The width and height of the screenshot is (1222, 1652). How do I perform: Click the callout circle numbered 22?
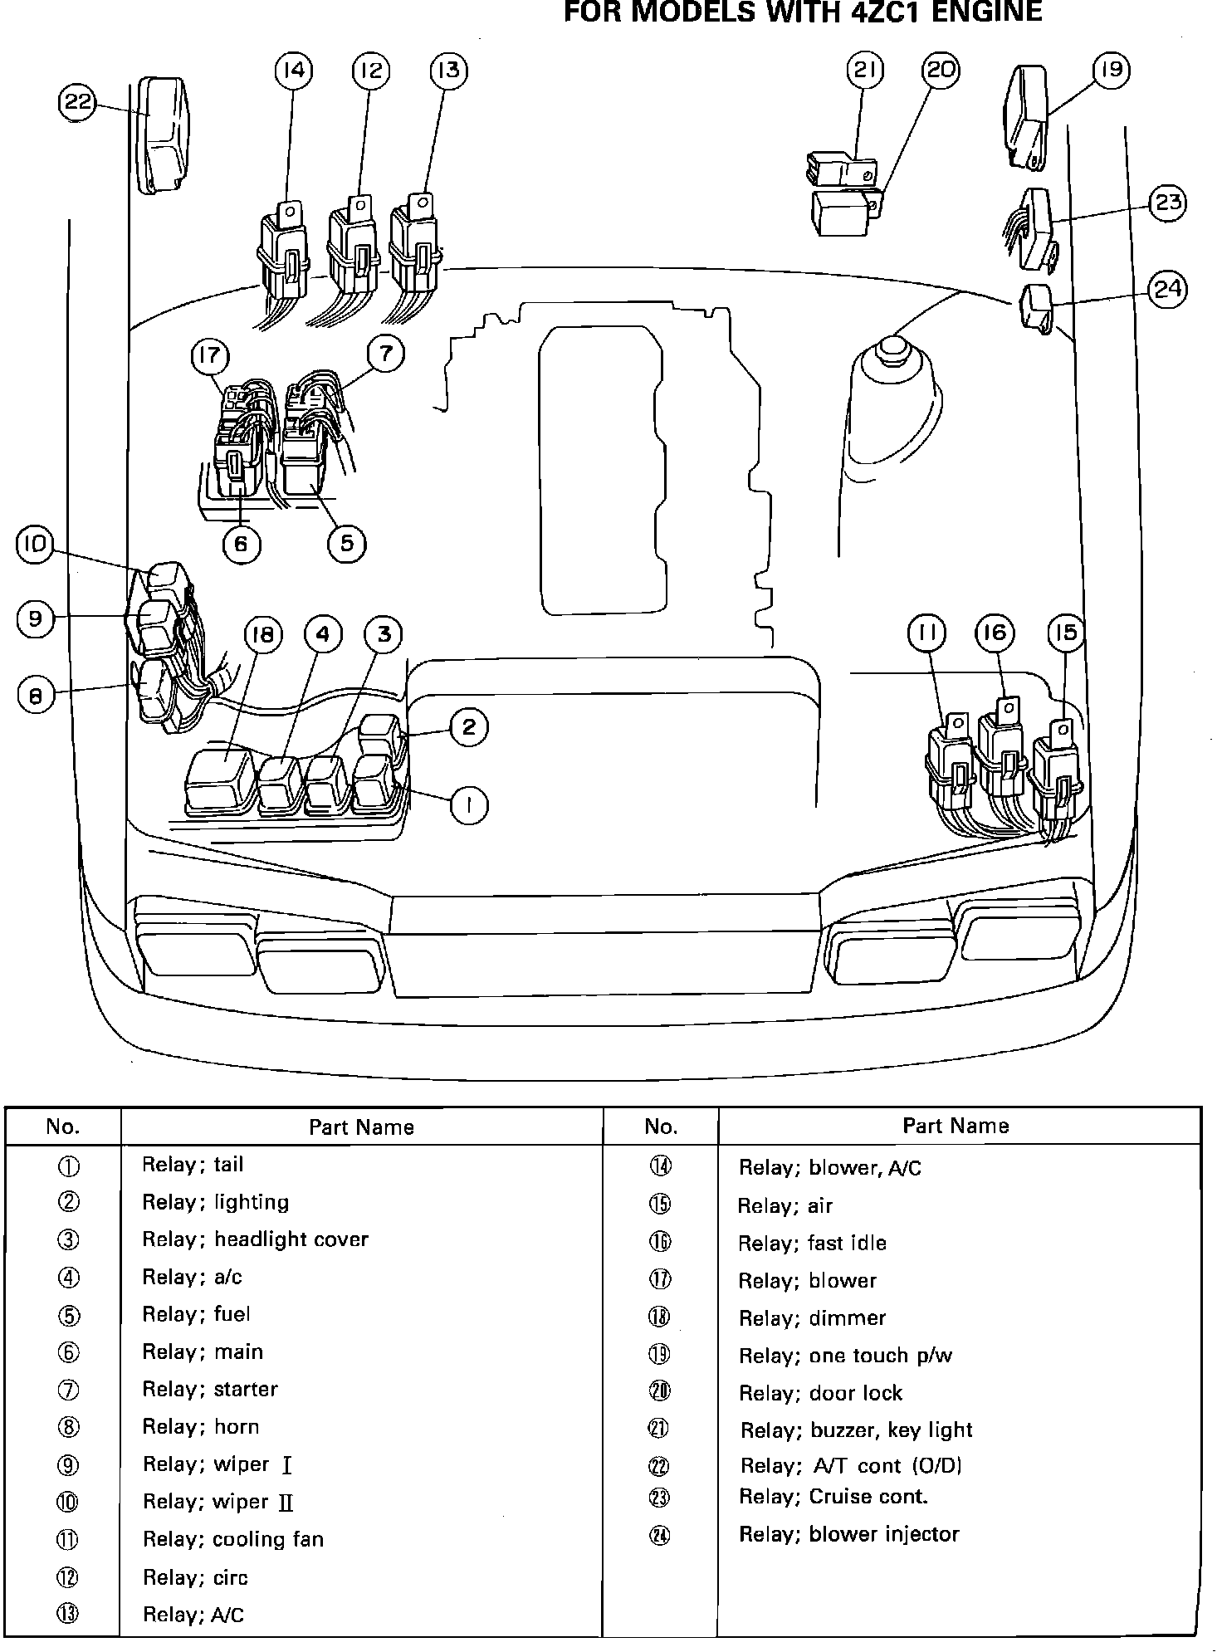pos(76,103)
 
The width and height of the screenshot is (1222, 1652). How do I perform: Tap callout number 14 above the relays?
pos(293,71)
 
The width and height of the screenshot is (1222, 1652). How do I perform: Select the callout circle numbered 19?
pos(1112,71)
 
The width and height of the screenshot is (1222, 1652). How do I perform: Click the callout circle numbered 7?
pos(385,354)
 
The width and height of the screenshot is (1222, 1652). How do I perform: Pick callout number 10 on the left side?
pos(35,545)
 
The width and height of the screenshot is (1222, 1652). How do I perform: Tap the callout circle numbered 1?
pos(469,805)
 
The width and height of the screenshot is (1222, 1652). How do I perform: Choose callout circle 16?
pos(995,634)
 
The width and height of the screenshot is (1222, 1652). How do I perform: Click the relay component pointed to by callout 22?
pos(164,135)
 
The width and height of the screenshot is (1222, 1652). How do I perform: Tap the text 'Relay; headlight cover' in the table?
pos(255,1239)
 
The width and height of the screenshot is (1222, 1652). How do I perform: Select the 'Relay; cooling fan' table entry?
pos(232,1540)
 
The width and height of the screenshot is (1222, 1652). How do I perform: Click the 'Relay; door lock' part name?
pos(820,1393)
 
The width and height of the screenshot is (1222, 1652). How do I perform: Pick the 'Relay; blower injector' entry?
pos(848,1534)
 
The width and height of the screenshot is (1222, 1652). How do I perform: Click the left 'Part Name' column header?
pos(361,1127)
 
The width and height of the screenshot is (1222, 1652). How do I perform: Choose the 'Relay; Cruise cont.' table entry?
pos(833,1497)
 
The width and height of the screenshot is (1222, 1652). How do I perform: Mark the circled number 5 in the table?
pos(68,1315)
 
